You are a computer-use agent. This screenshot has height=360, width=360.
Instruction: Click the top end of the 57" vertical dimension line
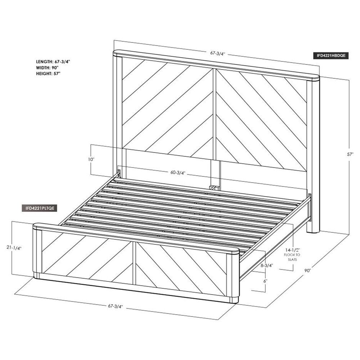click(349, 80)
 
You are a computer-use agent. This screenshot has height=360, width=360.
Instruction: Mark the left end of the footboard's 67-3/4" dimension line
click(15, 294)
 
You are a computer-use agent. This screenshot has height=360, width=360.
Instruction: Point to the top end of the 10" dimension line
click(91, 144)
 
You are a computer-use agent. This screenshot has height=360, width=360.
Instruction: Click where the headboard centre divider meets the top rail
click(215, 68)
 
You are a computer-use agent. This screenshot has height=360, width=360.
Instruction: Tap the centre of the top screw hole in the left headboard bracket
click(119, 171)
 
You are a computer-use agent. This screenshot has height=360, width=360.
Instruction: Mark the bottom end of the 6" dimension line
click(265, 292)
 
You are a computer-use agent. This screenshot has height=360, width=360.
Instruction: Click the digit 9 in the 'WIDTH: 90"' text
click(55, 68)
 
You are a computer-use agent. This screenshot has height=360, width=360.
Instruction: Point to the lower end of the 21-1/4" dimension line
click(12, 274)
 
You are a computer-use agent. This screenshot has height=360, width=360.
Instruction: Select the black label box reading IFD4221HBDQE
click(331, 55)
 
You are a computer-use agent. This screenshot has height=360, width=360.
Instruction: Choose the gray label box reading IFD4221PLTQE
click(39, 208)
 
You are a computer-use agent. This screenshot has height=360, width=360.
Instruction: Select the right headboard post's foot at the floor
click(313, 230)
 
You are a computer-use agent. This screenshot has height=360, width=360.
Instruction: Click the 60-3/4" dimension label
click(178, 173)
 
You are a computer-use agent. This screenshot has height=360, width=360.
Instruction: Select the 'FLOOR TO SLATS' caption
click(292, 257)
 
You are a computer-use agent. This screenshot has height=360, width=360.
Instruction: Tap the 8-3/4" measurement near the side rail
click(266, 266)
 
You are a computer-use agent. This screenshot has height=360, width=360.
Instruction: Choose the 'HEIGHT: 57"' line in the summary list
click(48, 74)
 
